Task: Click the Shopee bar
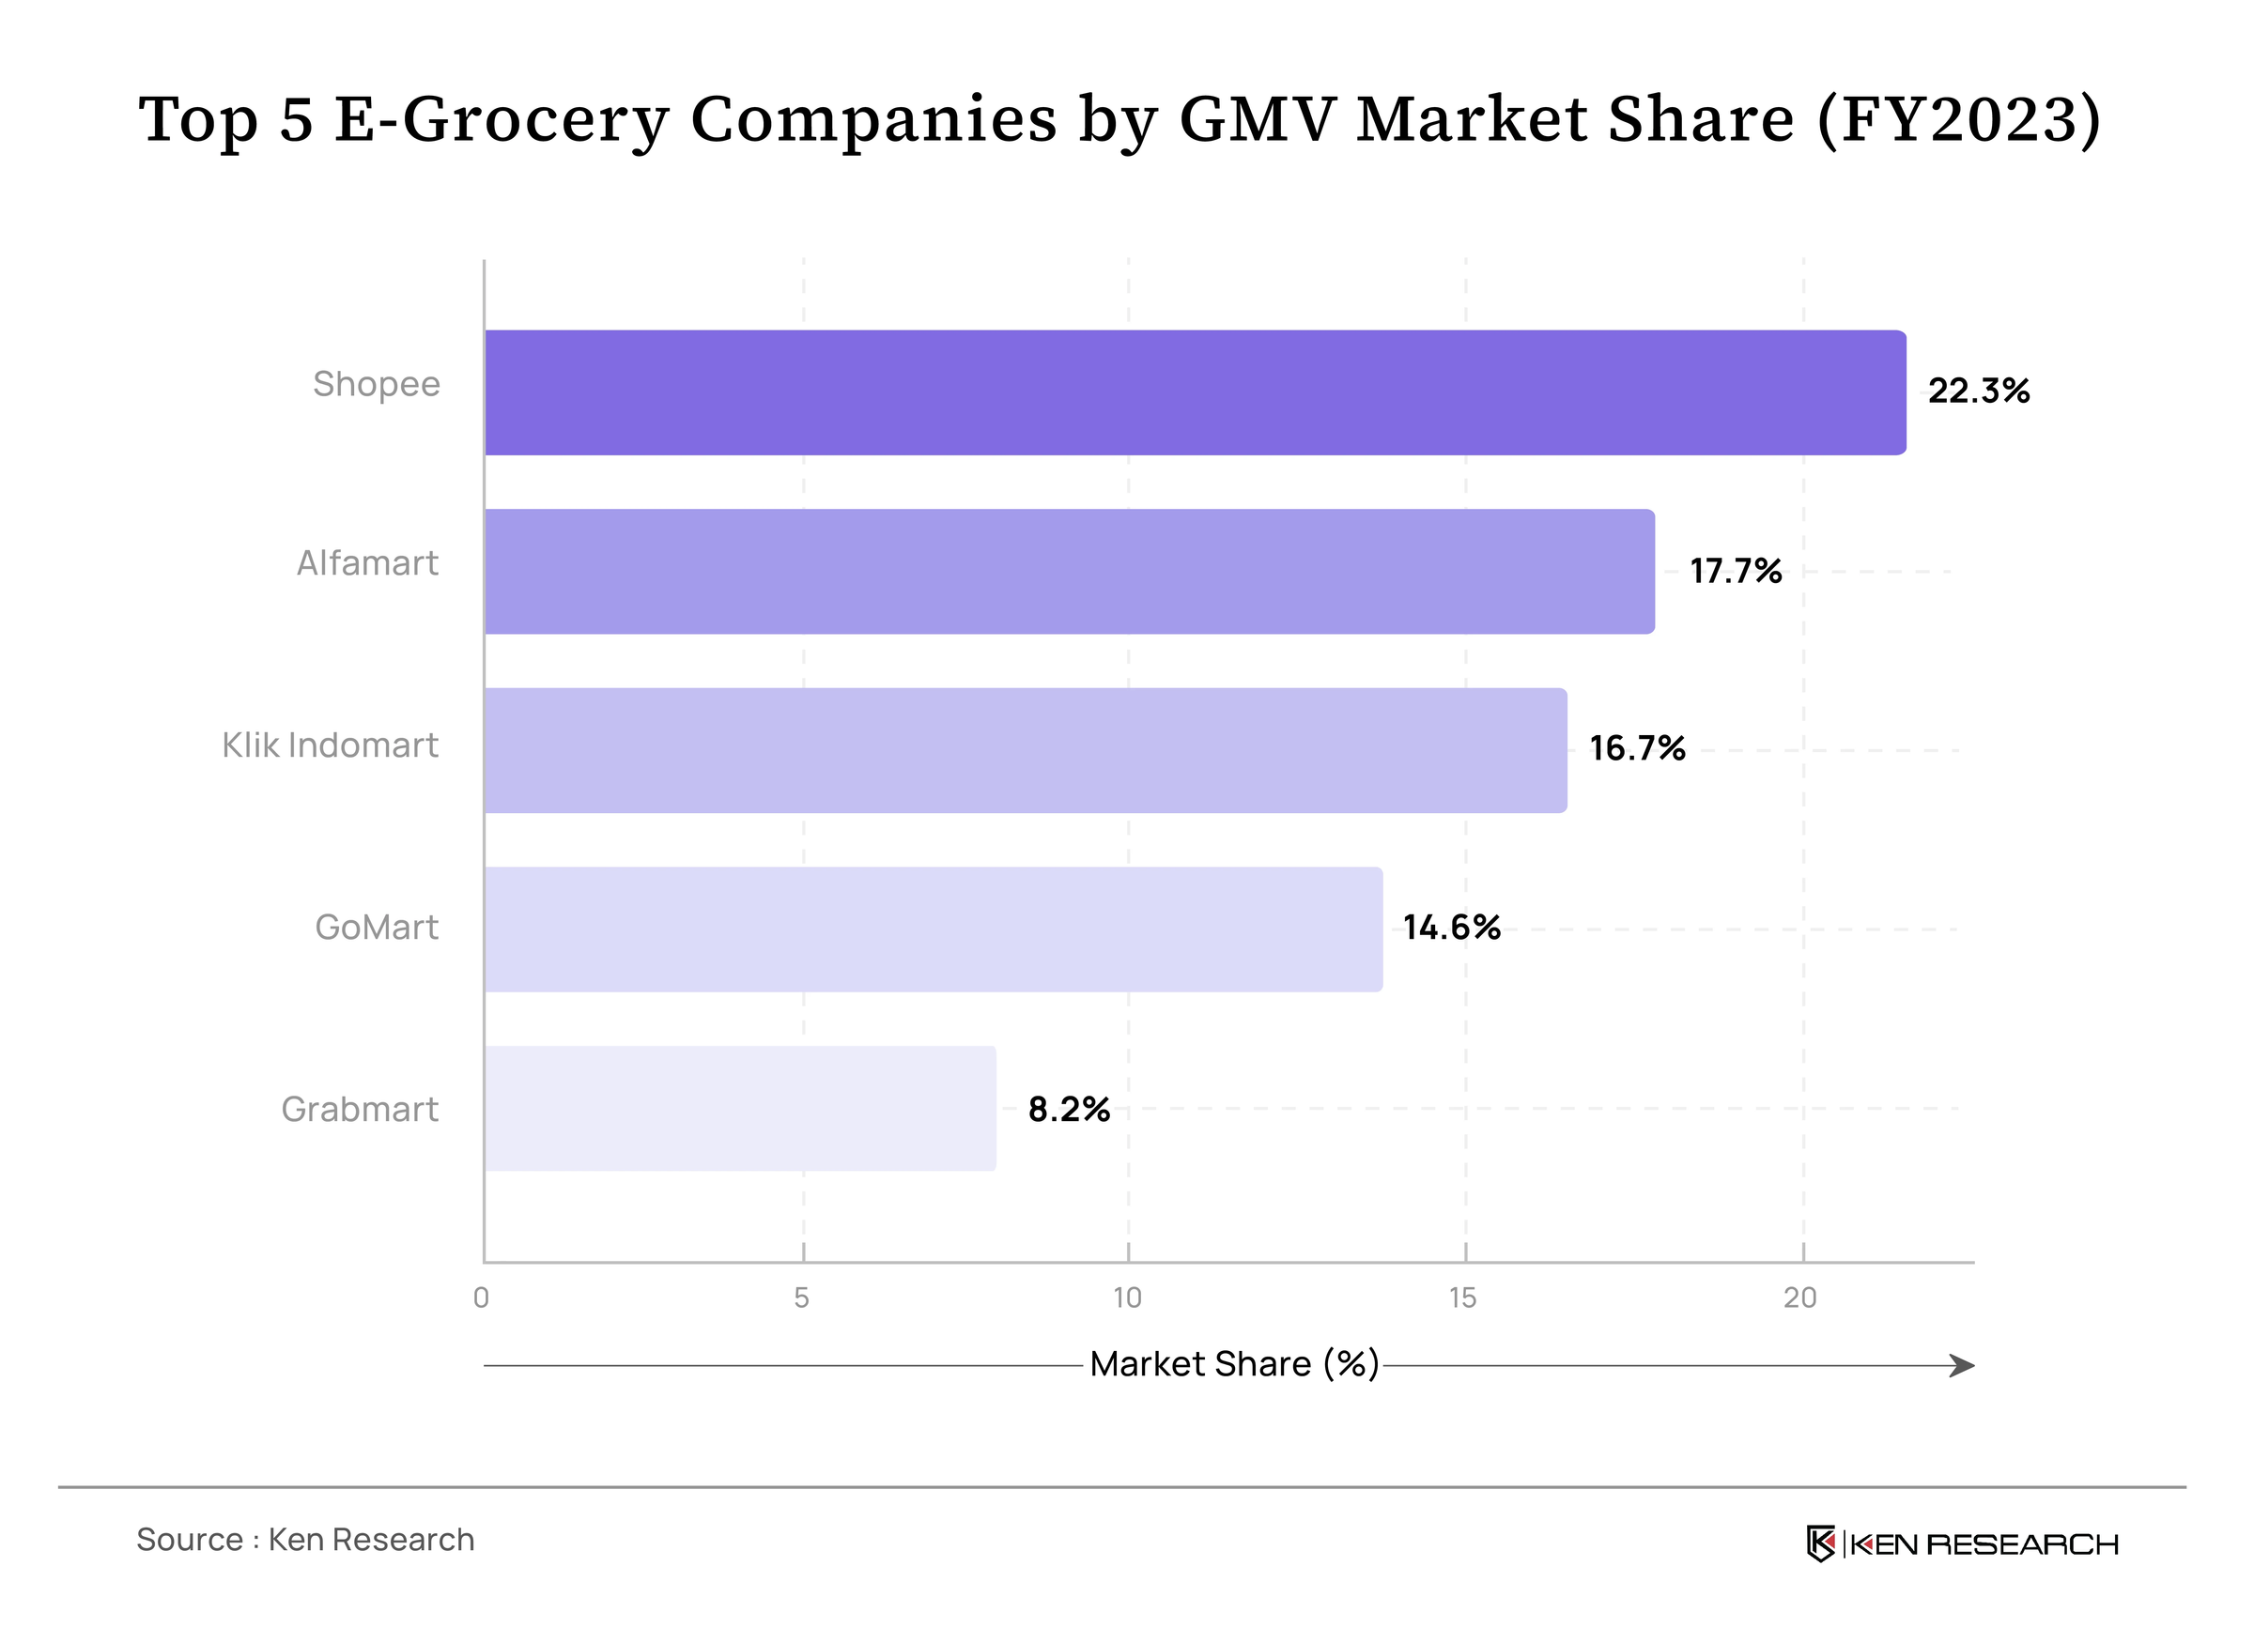point(1196,392)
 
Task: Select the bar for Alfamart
point(1071,572)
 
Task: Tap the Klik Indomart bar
point(1027,751)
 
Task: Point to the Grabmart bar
point(741,1108)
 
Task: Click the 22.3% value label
point(1979,391)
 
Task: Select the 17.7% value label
point(1736,571)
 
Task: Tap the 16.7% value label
point(1637,748)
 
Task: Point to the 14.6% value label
point(1452,928)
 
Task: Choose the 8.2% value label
point(1070,1109)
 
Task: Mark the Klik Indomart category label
point(331,745)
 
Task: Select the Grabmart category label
point(360,1109)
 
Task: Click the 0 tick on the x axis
point(482,1298)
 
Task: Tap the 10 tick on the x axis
point(1127,1298)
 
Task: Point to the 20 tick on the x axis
point(1800,1298)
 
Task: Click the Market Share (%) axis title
point(1234,1364)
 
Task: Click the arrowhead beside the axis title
point(1963,1365)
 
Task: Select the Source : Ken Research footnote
point(305,1540)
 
